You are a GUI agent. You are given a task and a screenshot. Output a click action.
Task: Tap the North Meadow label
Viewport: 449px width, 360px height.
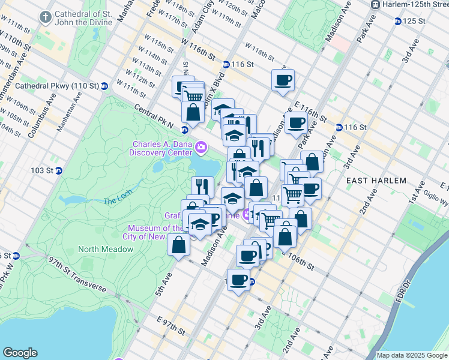(x=106, y=249)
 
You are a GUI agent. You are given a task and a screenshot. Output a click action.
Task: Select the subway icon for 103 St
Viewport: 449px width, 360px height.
(x=59, y=170)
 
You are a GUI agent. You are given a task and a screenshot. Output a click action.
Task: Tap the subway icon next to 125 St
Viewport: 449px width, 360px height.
(x=398, y=21)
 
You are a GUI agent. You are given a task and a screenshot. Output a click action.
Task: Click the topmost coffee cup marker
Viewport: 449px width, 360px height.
(x=283, y=79)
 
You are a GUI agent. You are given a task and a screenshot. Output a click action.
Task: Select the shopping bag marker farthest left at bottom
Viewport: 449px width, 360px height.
(x=178, y=244)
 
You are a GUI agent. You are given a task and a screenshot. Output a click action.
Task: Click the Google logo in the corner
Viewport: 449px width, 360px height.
(x=20, y=353)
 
